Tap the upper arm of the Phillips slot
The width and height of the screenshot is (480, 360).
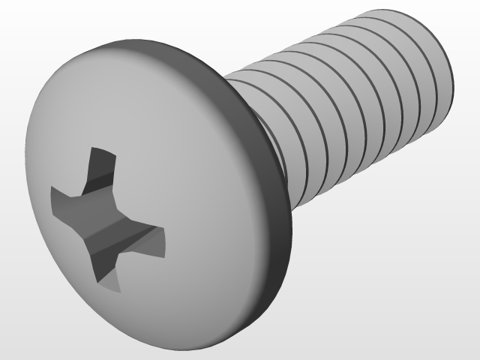[100, 169]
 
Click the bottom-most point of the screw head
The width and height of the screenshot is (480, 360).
[195, 349]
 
